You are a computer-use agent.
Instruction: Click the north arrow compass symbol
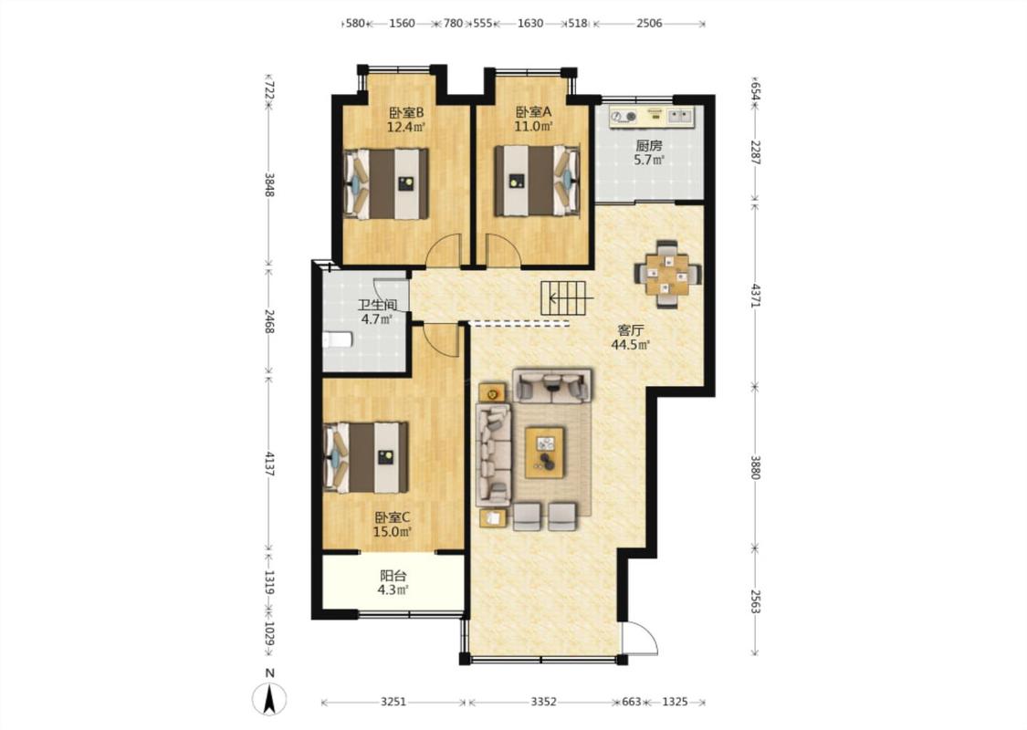click(268, 698)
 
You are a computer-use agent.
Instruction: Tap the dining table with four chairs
click(667, 275)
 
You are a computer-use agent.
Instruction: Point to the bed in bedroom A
click(537, 181)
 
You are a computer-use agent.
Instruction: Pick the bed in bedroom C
click(366, 457)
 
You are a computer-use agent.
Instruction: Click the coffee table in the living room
click(545, 448)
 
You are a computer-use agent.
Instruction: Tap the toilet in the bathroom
click(338, 339)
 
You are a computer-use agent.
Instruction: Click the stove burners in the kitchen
click(624, 117)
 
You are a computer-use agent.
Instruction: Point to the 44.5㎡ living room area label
click(630, 345)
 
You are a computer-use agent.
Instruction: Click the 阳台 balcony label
click(393, 576)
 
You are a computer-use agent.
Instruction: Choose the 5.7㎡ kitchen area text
click(649, 160)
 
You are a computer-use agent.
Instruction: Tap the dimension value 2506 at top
click(649, 24)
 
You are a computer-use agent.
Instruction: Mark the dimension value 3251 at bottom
click(393, 702)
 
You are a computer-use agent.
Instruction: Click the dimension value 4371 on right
click(755, 296)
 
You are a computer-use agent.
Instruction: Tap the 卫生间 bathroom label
click(377, 305)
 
